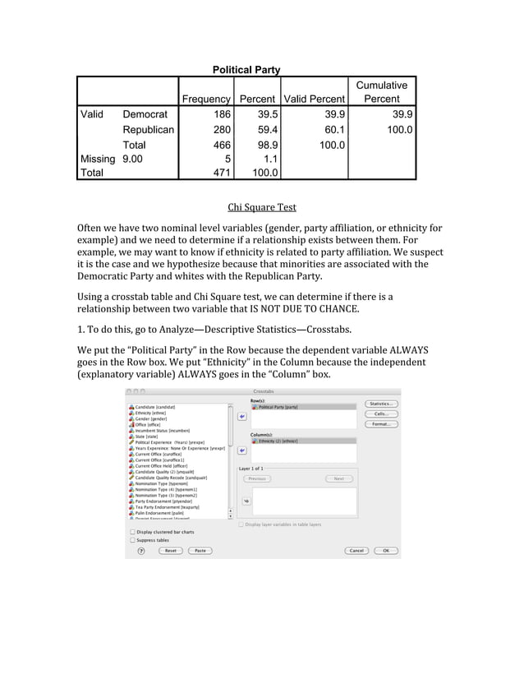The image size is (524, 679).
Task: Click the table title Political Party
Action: (246, 70)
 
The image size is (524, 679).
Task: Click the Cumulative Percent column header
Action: (382, 92)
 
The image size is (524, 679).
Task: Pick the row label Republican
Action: (148, 130)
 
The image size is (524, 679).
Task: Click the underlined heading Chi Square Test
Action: (261, 207)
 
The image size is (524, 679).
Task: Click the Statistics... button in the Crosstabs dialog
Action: (382, 404)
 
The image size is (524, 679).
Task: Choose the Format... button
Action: (382, 424)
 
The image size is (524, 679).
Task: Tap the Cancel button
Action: (356, 551)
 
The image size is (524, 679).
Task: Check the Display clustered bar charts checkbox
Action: (133, 532)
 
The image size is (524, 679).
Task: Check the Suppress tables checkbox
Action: (133, 540)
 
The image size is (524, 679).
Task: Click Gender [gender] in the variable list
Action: (151, 418)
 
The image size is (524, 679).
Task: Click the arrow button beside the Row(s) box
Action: (242, 417)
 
